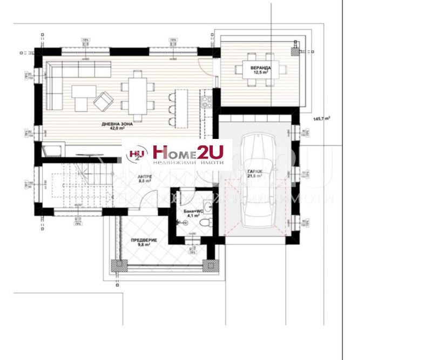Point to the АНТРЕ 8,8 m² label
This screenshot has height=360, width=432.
pos(145,180)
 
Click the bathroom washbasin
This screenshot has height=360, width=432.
pos(210,205)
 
